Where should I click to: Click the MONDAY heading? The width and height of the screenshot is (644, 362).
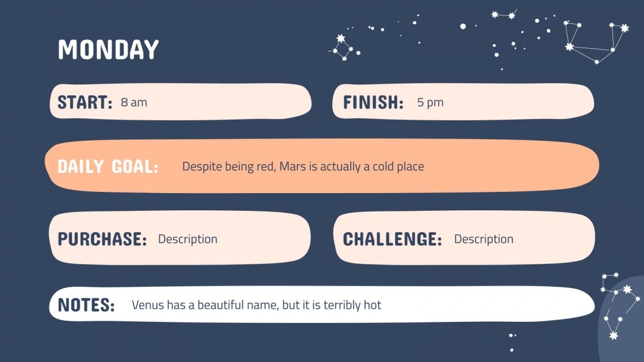coord(108,50)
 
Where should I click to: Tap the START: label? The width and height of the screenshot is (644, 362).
coord(85,103)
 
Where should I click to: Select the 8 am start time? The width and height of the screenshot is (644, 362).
coord(134,103)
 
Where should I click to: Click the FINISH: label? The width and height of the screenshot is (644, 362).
coord(373,103)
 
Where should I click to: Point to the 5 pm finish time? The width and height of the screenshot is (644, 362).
coord(430,103)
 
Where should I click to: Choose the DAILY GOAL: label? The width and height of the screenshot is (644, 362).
coord(108,167)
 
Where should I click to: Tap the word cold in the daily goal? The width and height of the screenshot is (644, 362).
coord(383,167)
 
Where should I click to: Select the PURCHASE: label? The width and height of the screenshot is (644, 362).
coord(102,239)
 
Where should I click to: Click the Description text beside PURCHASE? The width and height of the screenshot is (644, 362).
coord(187,239)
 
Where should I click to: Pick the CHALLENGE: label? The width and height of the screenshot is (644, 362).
coord(392,239)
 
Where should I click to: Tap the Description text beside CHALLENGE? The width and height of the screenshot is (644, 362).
coord(484,239)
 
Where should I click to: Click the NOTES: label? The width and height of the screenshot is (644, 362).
coord(86,305)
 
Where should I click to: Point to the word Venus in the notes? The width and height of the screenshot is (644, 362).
coord(148,305)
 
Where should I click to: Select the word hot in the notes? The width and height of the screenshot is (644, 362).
coord(372,305)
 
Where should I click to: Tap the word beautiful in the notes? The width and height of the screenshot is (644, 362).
coord(221,305)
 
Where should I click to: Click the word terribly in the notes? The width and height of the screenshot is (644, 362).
coord(342,305)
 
